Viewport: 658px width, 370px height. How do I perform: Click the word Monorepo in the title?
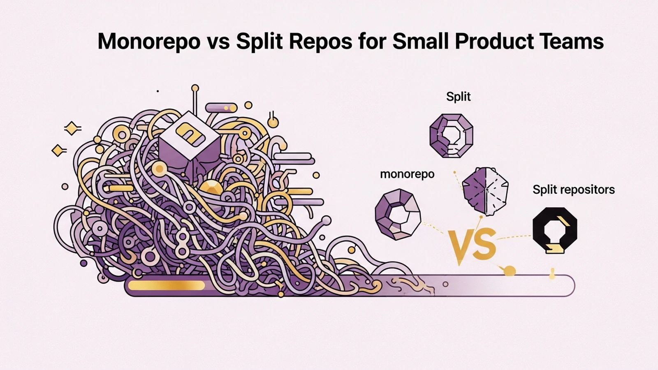pyautogui.click(x=148, y=42)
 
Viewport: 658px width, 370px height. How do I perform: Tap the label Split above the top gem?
pyautogui.click(x=458, y=96)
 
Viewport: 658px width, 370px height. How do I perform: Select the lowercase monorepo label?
pyautogui.click(x=407, y=174)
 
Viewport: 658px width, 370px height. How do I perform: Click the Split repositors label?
pyautogui.click(x=573, y=190)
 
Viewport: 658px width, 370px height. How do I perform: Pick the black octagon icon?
pyautogui.click(x=555, y=230)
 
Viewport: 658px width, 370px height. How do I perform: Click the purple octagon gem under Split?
pyautogui.click(x=451, y=136)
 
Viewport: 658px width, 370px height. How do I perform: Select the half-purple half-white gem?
pyautogui.click(x=485, y=192)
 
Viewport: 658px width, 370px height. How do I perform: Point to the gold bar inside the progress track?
pyautogui.click(x=166, y=285)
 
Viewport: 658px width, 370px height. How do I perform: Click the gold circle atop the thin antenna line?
pyautogui.click(x=195, y=88)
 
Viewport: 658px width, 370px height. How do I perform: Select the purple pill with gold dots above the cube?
pyautogui.click(x=221, y=108)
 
